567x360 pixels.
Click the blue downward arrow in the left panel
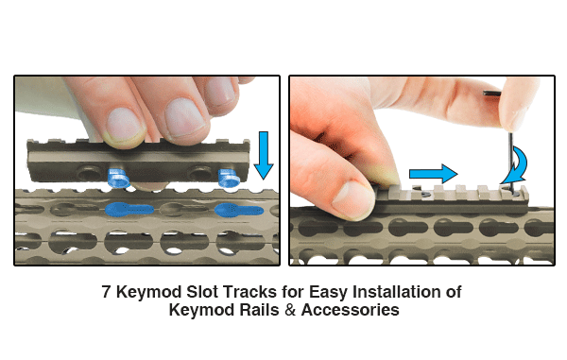(x=264, y=155)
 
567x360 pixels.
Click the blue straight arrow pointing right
(x=433, y=174)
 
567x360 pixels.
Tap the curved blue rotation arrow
(x=516, y=166)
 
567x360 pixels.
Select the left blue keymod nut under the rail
(x=118, y=178)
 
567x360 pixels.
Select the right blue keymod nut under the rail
(x=229, y=178)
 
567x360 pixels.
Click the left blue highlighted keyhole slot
(x=129, y=209)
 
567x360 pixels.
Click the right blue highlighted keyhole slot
(x=239, y=210)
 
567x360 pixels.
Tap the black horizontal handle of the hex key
(x=492, y=94)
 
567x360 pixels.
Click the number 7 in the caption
(x=106, y=291)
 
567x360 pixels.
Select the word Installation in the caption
(x=397, y=291)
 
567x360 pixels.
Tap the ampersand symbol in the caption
(x=290, y=310)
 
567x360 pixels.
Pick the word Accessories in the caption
(x=350, y=310)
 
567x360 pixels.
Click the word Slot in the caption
(x=202, y=291)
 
